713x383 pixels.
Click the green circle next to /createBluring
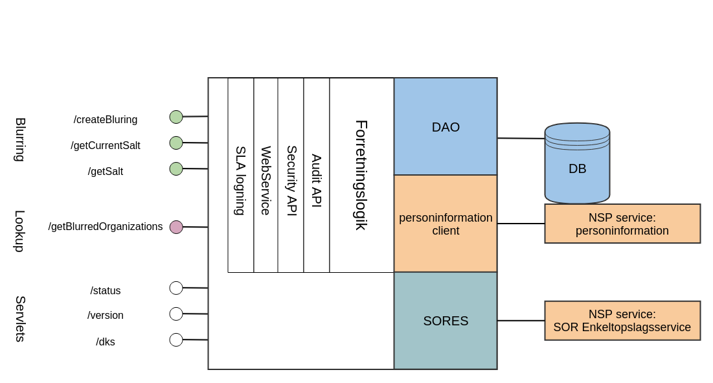tap(176, 117)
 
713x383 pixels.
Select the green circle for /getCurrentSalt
tap(176, 143)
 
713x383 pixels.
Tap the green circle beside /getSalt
tap(176, 168)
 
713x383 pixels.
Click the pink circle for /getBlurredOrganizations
tap(176, 227)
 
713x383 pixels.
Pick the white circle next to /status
tap(176, 288)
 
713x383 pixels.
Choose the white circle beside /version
tap(176, 314)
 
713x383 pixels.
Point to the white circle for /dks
tap(176, 340)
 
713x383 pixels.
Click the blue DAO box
tap(446, 127)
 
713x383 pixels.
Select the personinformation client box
tap(446, 224)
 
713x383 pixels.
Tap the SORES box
tap(446, 321)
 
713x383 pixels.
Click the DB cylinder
tap(577, 165)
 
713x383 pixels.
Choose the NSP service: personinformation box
tap(622, 224)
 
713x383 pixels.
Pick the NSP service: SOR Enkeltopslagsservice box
tap(622, 321)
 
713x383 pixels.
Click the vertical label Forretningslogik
tap(361, 175)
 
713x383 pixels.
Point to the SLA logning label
tap(240, 180)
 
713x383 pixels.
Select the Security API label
tap(291, 180)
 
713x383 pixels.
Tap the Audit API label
tap(316, 180)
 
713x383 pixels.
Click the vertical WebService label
tap(266, 180)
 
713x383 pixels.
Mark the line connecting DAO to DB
tap(521, 138)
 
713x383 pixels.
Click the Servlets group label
tap(20, 318)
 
